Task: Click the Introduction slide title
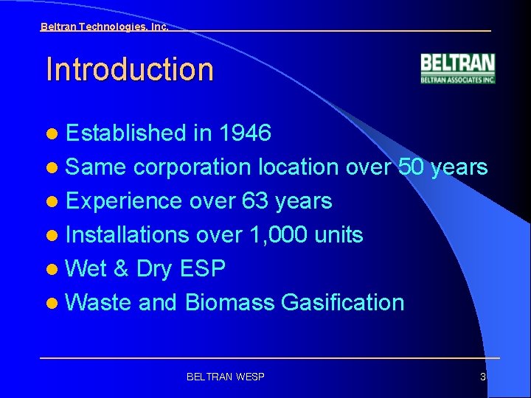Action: tap(129, 69)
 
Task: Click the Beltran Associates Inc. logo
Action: tap(457, 69)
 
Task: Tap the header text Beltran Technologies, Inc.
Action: tap(104, 27)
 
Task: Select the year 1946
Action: tap(245, 133)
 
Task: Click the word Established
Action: tap(125, 133)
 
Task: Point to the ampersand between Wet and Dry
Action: tap(121, 269)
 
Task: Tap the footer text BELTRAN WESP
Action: tap(226, 377)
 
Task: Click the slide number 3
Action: tap(483, 377)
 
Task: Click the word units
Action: tap(339, 235)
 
